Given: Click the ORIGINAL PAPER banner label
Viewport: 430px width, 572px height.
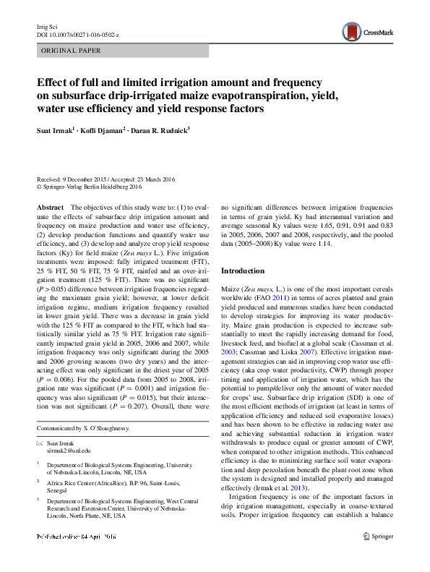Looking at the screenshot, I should coord(72,51).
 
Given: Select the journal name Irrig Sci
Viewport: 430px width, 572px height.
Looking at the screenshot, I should coord(47,27).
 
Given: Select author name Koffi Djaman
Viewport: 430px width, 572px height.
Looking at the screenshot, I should coord(106,130).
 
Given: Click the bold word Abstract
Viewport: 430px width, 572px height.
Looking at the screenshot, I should coord(50,207).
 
